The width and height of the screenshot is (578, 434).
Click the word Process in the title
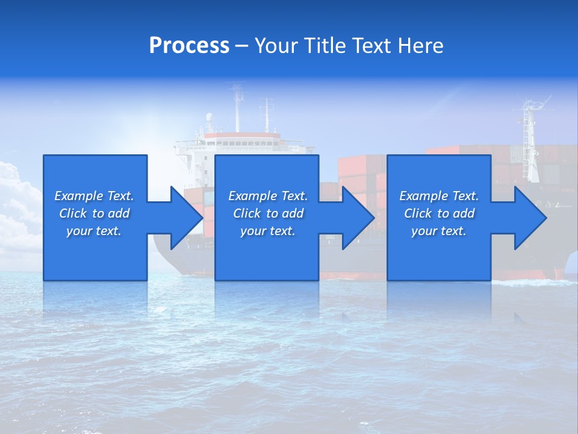pyautogui.click(x=189, y=46)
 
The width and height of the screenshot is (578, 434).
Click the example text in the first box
pyautogui.click(x=95, y=213)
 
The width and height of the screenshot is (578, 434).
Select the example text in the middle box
pyautogui.click(x=268, y=213)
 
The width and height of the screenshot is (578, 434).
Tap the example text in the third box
pyautogui.click(x=439, y=213)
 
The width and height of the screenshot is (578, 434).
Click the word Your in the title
pyautogui.click(x=276, y=46)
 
